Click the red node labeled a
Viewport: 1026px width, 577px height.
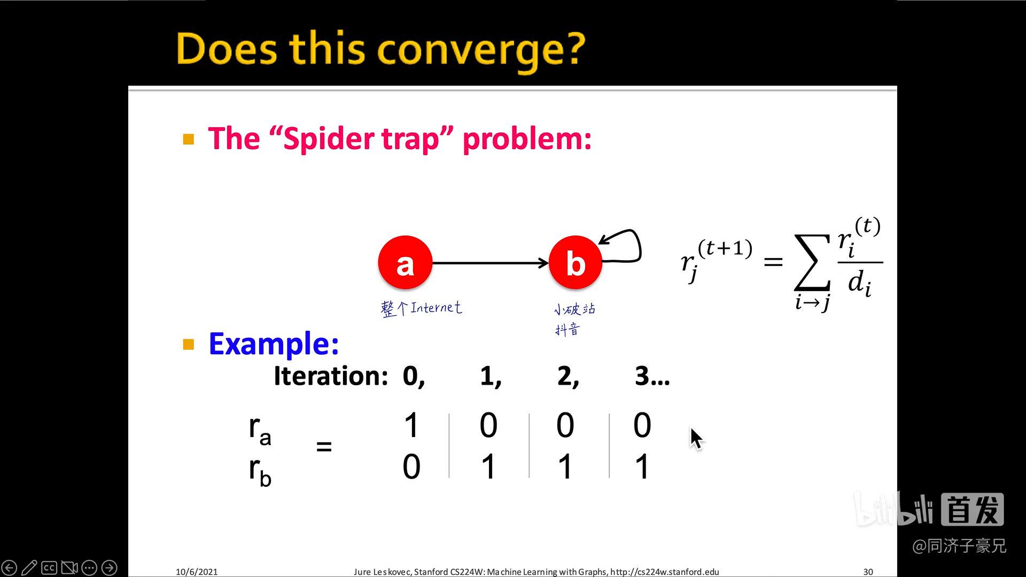[x=405, y=263]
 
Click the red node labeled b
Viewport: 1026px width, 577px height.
[x=576, y=263]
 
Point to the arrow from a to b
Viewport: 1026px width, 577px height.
[x=489, y=263]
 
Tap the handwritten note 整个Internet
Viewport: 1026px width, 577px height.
[x=421, y=308]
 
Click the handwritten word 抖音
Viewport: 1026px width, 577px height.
[x=567, y=330]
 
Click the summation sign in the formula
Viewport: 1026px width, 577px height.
[x=812, y=263]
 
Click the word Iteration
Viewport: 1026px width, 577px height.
[x=330, y=376]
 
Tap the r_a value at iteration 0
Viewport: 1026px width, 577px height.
[x=411, y=425]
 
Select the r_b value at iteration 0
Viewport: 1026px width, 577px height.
[x=411, y=466]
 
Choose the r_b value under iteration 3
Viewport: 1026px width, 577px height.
[x=642, y=466]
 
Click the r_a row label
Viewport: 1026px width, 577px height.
[x=260, y=429]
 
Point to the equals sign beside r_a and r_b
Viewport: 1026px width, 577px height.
[x=324, y=446]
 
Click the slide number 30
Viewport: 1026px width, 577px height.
[x=868, y=572]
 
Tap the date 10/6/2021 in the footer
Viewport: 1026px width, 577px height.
[x=197, y=572]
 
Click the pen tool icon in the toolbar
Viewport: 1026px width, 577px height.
[x=29, y=567]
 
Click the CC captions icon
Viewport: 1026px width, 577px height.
[x=49, y=567]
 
